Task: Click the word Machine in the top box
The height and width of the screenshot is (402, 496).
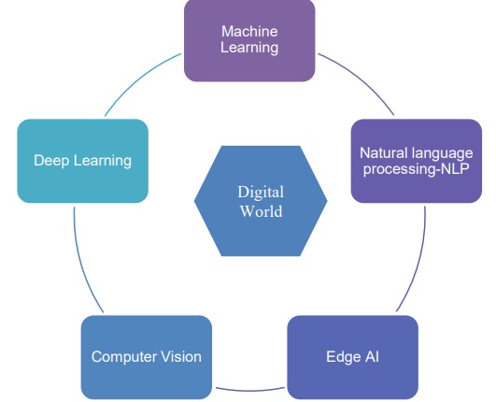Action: (x=249, y=32)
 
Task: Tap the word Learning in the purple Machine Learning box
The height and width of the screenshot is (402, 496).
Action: (x=249, y=48)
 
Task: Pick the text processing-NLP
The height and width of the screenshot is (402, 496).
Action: (x=416, y=168)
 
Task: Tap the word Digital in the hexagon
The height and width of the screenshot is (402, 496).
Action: (x=261, y=193)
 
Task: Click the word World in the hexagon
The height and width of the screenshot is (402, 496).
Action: (x=261, y=211)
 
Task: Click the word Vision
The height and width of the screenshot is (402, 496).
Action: (x=181, y=357)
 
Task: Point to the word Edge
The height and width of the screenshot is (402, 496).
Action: (x=344, y=357)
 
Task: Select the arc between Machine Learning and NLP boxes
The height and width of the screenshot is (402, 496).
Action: (x=360, y=79)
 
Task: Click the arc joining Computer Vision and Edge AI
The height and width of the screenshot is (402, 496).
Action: (x=250, y=390)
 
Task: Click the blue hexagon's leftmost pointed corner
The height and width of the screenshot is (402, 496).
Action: (x=194, y=201)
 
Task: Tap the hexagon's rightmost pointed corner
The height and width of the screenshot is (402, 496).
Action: (x=328, y=201)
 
